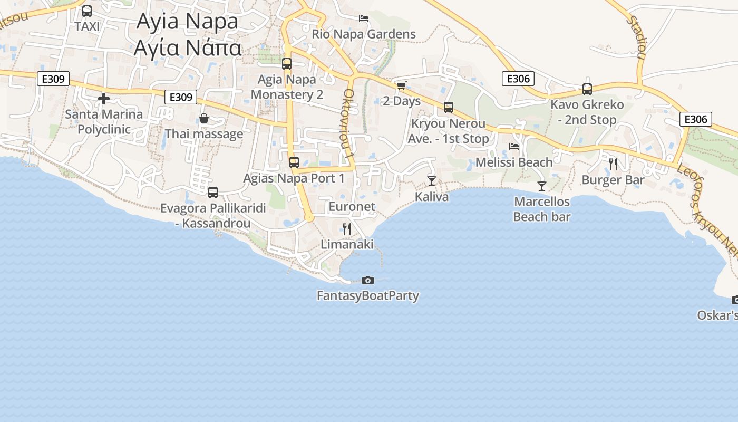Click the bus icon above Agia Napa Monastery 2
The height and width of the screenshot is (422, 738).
[x=287, y=64]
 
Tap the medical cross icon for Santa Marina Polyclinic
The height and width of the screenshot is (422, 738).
[x=104, y=99]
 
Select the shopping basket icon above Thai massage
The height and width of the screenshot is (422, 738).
[x=204, y=118]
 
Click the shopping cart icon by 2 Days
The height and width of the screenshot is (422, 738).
[x=401, y=85]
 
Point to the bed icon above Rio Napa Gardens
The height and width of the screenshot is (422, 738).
[x=364, y=18]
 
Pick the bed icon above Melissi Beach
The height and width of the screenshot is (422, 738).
[x=514, y=146]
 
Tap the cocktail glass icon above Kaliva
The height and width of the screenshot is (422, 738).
[x=432, y=181]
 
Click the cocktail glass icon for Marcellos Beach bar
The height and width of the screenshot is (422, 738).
[x=541, y=186]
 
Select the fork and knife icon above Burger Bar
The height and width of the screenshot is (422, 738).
[x=613, y=164]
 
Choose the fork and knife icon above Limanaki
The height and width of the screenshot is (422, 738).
[x=347, y=228]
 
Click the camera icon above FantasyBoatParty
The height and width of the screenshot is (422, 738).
[x=368, y=280]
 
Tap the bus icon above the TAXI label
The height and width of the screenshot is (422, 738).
[x=87, y=11]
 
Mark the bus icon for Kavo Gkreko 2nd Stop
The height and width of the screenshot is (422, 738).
[x=587, y=89]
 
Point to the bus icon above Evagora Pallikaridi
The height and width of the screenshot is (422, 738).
[x=213, y=193]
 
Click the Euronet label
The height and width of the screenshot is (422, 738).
[x=352, y=207]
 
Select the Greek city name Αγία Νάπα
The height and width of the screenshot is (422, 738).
[x=188, y=47]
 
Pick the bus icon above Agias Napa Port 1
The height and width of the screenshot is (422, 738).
[x=294, y=162]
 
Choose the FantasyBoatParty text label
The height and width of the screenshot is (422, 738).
[x=368, y=295]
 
